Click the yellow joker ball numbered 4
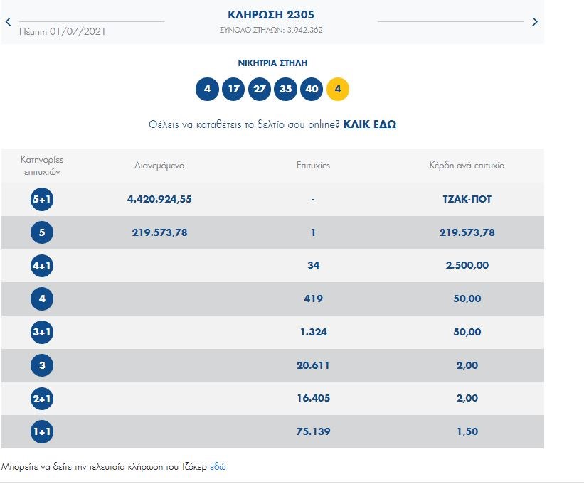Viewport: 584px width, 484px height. (x=338, y=90)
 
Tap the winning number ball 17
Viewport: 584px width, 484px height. (x=233, y=90)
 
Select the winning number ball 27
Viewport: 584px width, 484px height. (x=260, y=90)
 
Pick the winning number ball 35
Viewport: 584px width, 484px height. (x=286, y=90)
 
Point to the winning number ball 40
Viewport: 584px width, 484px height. (x=312, y=90)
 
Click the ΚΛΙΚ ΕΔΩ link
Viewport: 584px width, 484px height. (x=369, y=124)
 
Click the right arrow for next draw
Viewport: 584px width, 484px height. (x=535, y=22)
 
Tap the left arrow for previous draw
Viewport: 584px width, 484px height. (x=8, y=22)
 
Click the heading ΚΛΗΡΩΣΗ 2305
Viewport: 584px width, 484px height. (x=270, y=15)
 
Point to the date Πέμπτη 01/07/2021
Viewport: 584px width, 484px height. (x=63, y=31)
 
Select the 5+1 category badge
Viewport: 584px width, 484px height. (x=42, y=200)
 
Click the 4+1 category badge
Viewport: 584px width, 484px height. (x=42, y=266)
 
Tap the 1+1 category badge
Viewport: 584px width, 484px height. (x=42, y=432)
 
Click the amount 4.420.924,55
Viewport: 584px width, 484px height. (x=159, y=200)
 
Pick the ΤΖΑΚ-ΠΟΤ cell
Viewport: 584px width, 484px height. (x=467, y=200)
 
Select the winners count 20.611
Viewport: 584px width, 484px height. (x=313, y=365)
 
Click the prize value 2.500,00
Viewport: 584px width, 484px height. (x=467, y=266)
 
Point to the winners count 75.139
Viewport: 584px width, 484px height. (x=313, y=432)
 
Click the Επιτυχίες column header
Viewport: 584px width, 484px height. (x=313, y=166)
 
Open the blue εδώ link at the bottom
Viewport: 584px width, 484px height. (x=218, y=467)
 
